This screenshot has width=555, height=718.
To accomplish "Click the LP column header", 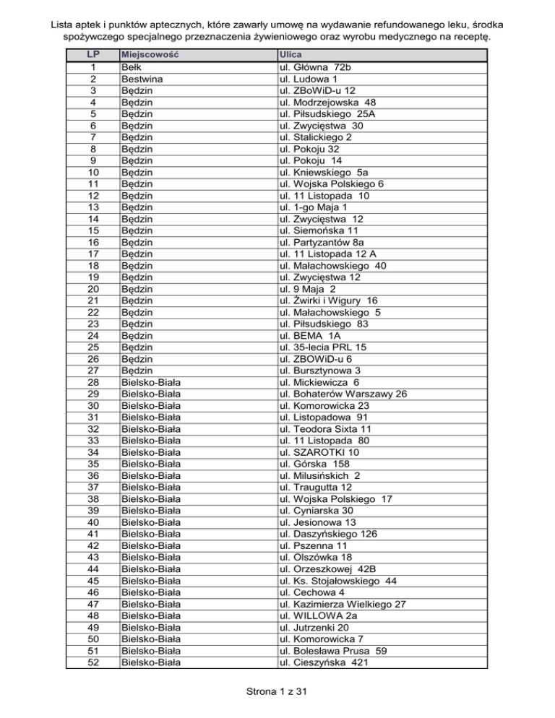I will pos(92,55).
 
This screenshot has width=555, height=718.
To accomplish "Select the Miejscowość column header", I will pos(150,55).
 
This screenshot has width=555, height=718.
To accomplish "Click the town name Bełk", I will pos(132,68).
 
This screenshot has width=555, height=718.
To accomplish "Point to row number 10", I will pos(92,173).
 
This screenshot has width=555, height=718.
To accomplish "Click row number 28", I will pos(92,382).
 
